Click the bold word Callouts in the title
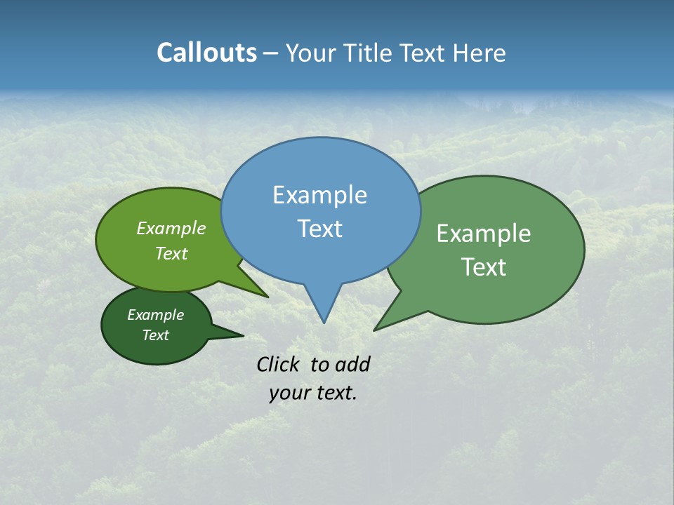tap(206, 53)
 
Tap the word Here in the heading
tap(479, 53)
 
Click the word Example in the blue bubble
tap(319, 195)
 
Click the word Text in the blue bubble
tap(319, 229)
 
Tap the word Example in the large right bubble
tap(484, 234)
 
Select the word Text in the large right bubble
tap(484, 267)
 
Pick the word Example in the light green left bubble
tap(171, 228)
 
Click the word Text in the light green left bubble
tap(171, 253)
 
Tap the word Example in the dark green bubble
tap(155, 315)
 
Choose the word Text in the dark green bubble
tap(155, 335)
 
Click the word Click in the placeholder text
tap(278, 364)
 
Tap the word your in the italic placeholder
tap(289, 393)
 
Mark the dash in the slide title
tap(271, 53)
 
